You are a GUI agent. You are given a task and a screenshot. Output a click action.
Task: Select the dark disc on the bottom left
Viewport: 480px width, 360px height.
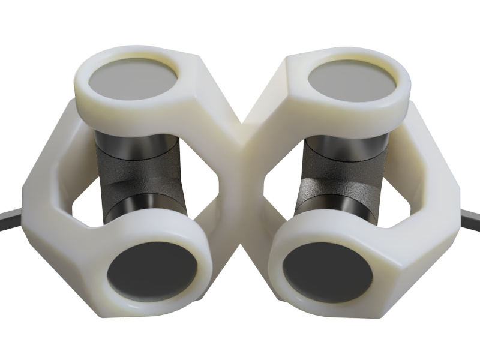tap(153, 274)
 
